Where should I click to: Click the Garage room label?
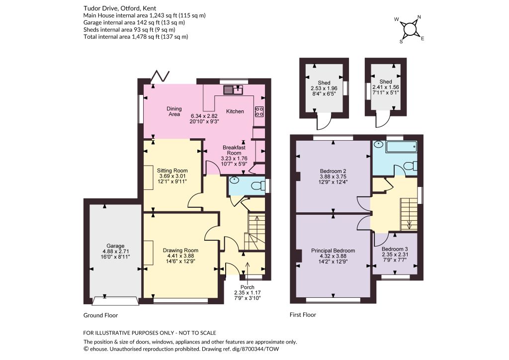click(x=115, y=246)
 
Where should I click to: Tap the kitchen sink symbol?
click(x=233, y=90)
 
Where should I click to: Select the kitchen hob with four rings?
click(x=259, y=111)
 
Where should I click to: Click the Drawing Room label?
click(x=180, y=250)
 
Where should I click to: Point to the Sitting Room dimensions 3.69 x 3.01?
click(x=172, y=176)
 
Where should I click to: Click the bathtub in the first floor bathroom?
click(x=401, y=147)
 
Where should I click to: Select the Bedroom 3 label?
click(x=394, y=249)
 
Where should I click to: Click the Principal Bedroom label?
click(x=333, y=251)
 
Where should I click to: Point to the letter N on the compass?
click(x=419, y=17)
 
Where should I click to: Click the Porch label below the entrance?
click(x=248, y=287)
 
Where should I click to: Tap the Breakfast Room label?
click(x=234, y=150)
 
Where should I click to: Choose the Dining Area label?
click(x=174, y=111)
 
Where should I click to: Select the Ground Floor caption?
click(x=100, y=315)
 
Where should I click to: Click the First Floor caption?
click(x=303, y=315)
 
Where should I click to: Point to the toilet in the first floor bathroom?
click(x=411, y=166)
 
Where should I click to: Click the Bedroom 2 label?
click(x=333, y=171)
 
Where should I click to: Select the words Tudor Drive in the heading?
click(x=97, y=8)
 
